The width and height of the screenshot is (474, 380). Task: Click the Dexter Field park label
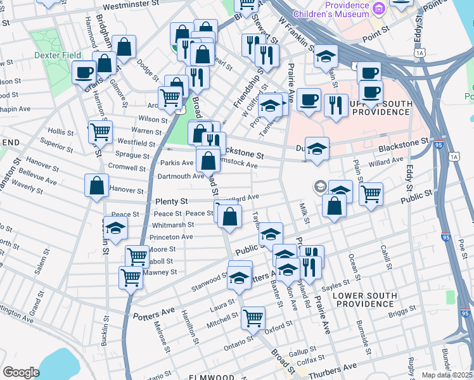point(49,56)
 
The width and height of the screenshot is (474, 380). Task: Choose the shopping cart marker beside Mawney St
point(131,277)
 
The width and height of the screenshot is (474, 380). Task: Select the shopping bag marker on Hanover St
point(96,186)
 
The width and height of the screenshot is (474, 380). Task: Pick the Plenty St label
point(172,201)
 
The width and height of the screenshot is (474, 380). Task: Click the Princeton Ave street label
point(171,237)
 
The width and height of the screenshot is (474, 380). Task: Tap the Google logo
point(21,372)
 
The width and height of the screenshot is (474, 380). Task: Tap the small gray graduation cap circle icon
point(320,186)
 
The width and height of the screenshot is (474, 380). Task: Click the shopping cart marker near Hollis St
point(100,132)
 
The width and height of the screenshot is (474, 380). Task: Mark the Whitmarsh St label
point(173,225)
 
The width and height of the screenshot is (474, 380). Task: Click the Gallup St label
point(302,350)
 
